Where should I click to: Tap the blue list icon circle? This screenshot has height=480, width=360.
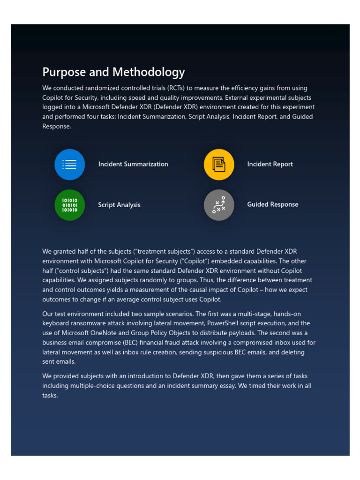(x=70, y=165)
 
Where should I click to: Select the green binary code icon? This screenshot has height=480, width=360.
(x=70, y=205)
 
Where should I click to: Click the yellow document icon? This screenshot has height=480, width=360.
(x=219, y=165)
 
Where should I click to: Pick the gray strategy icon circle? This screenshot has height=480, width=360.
(x=219, y=205)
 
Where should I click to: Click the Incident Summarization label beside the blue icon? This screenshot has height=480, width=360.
(x=133, y=164)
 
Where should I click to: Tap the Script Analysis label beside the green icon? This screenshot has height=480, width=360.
(x=119, y=205)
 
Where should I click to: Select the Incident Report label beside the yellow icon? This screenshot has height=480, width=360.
(x=270, y=164)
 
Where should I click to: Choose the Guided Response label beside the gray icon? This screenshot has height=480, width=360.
(x=272, y=204)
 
